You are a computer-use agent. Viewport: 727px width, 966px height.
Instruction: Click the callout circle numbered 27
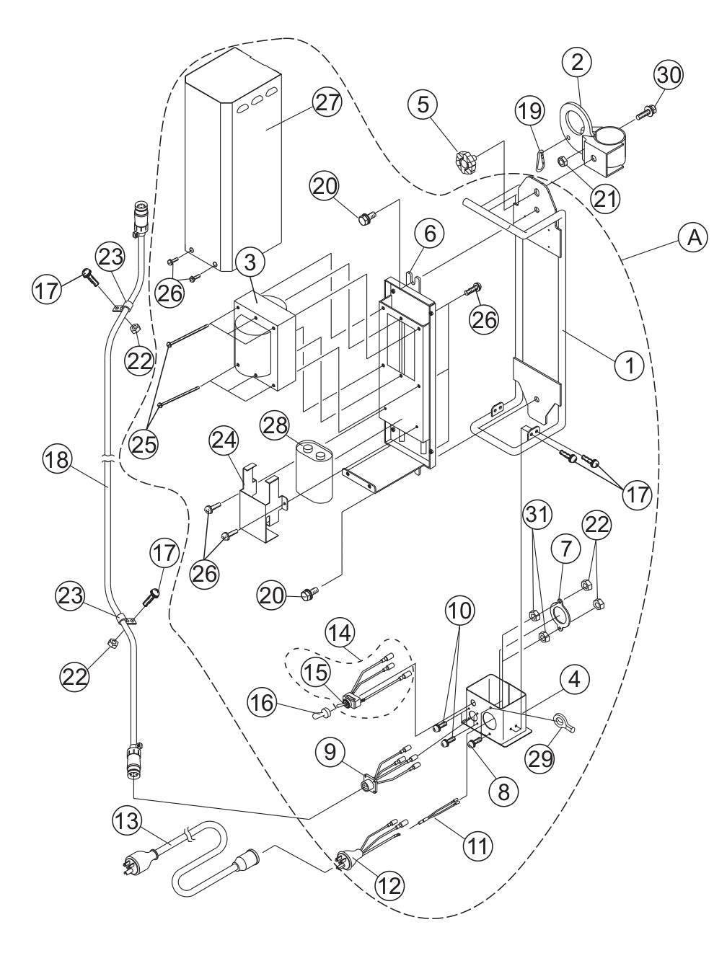[x=327, y=104]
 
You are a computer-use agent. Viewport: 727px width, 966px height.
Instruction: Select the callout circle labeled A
[x=694, y=239]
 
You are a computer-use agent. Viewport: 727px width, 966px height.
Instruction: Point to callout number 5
[x=422, y=105]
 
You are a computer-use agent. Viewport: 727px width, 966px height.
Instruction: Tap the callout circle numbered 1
[x=630, y=365]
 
